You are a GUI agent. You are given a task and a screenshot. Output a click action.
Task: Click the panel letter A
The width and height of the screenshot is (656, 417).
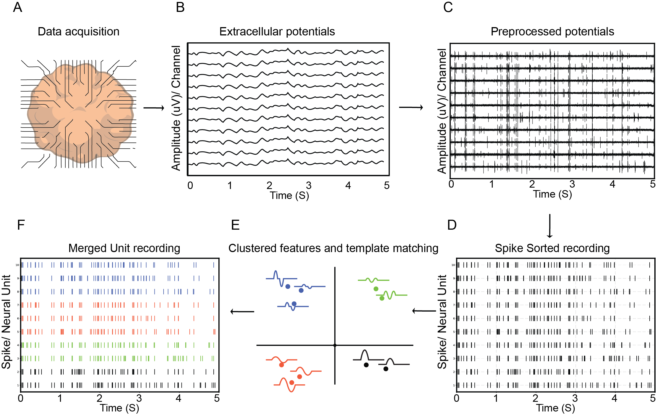pyautogui.click(x=17, y=7)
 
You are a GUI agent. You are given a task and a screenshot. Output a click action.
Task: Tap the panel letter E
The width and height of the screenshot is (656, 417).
pyautogui.click(x=235, y=225)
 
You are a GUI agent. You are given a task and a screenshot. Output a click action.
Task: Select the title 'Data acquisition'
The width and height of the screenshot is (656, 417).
pyautogui.click(x=78, y=32)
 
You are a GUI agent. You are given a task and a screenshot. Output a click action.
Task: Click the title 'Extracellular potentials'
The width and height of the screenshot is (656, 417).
pyautogui.click(x=277, y=32)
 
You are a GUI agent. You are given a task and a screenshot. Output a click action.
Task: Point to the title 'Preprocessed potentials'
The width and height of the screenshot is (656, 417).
pyautogui.click(x=552, y=32)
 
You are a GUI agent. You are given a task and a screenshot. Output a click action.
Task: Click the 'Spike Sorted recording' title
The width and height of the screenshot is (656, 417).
pyautogui.click(x=552, y=248)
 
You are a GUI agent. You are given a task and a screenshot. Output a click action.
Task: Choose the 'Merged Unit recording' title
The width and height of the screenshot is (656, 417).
pyautogui.click(x=124, y=248)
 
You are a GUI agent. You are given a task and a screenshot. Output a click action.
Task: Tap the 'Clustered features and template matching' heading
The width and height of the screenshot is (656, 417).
pyautogui.click(x=333, y=248)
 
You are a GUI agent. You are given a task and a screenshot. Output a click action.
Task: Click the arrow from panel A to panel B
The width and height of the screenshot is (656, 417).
pyautogui.click(x=154, y=108)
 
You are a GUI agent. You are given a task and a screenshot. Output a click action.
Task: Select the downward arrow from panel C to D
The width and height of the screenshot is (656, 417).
pyautogui.click(x=550, y=226)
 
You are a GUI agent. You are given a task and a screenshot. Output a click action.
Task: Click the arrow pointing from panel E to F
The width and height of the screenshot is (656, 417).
pyautogui.click(x=242, y=312)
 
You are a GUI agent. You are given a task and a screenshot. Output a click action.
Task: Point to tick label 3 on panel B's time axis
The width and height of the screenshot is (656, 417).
pyautogui.click(x=309, y=186)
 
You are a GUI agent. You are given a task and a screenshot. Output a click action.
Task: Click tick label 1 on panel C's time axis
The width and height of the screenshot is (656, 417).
pyautogui.click(x=492, y=184)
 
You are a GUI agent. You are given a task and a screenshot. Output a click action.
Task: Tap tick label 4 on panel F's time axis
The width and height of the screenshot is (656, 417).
pyautogui.click(x=179, y=398)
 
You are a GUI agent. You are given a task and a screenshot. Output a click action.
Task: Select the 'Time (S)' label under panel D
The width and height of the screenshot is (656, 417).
pyautogui.click(x=556, y=408)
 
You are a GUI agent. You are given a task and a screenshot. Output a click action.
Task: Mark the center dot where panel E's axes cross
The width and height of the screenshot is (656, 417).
pyautogui.click(x=335, y=345)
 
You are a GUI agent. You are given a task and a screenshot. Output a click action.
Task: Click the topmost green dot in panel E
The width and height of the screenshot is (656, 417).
pyautogui.click(x=376, y=289)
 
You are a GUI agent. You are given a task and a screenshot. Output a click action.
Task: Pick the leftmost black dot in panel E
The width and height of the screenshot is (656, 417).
pyautogui.click(x=366, y=365)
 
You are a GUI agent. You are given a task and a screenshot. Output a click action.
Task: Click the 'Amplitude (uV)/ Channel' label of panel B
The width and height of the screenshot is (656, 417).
pyautogui.click(x=176, y=108)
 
